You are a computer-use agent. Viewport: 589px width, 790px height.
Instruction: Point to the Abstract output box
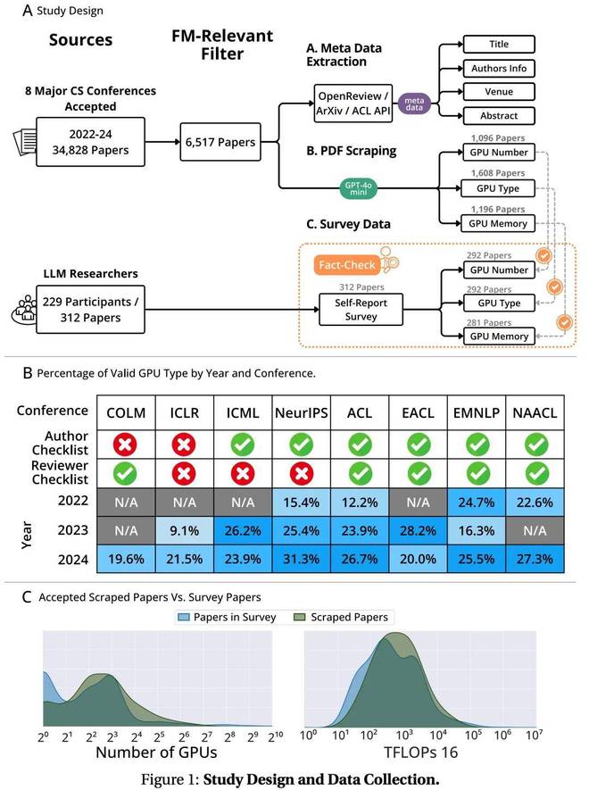[498, 115]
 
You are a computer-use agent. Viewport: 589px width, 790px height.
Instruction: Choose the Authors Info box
[498, 68]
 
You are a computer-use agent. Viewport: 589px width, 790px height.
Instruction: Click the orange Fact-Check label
[347, 265]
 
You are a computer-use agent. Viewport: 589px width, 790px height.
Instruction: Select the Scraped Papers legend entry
[344, 617]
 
